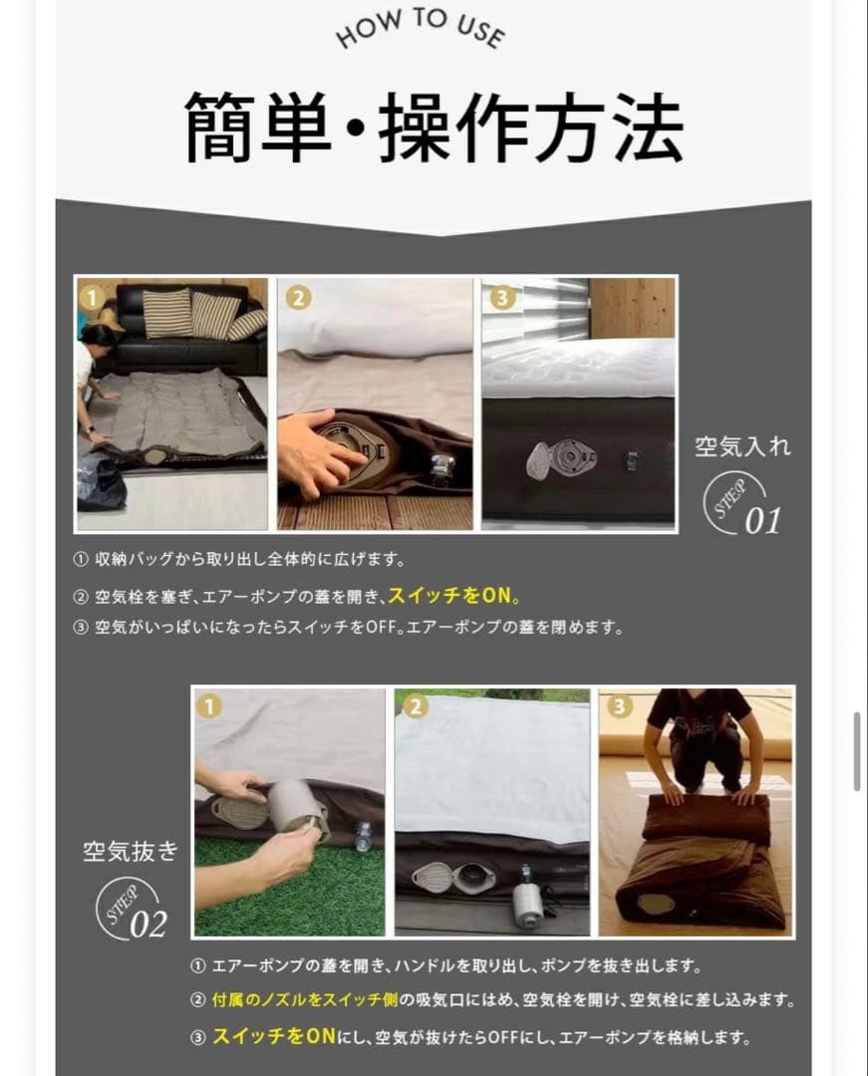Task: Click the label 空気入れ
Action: tap(742, 446)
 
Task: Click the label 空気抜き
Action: tap(131, 851)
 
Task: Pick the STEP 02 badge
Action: tap(131, 908)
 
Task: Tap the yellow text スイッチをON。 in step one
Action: tap(454, 596)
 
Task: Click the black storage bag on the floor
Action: tap(100, 485)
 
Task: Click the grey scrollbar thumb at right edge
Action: tap(857, 751)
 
